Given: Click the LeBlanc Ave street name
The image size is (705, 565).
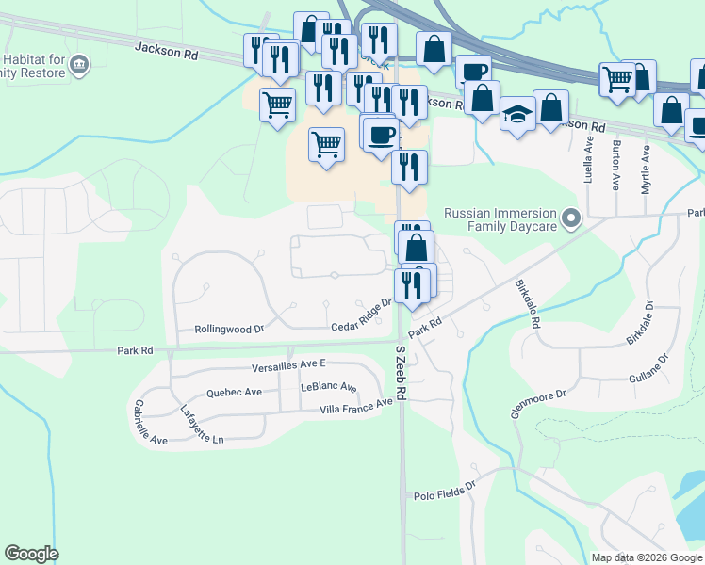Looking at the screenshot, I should pos(329,387).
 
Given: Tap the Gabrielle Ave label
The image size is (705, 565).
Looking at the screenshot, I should pos(151,422).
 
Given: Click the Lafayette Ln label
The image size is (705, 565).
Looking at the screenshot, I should pos(203,425).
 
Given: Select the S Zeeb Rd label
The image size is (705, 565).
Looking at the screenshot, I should pos(401,372).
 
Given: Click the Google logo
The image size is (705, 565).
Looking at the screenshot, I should pos(31,554).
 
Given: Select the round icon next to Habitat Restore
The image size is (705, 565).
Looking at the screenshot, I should pos(80,64).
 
